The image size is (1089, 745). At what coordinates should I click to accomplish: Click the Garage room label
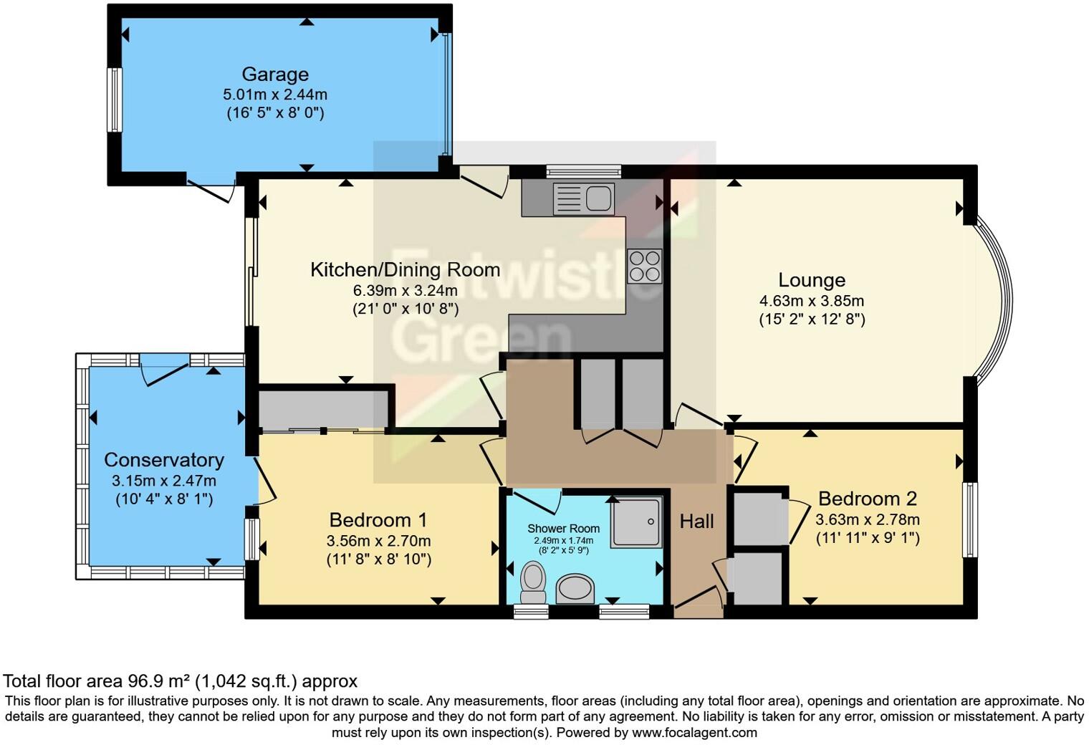275,74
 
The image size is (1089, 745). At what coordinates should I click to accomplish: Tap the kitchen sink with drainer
583,198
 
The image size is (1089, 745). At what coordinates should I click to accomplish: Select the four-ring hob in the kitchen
645,266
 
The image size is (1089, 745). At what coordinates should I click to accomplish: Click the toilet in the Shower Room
533,582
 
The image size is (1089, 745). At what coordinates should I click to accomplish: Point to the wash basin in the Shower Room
575,589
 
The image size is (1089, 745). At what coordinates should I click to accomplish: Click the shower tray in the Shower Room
636,522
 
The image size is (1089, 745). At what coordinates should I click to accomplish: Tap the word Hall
696,521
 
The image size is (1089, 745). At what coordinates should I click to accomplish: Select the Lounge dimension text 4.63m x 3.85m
812,301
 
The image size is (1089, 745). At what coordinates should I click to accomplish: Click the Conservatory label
164,460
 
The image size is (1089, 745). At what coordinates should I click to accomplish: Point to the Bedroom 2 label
868,499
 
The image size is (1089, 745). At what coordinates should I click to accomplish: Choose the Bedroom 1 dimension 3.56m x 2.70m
379,541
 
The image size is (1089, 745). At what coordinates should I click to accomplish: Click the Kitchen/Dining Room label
406,270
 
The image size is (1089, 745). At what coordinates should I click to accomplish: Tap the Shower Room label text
563,528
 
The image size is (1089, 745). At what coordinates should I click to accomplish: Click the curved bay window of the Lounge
1004,300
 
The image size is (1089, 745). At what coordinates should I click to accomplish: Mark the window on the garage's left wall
114,100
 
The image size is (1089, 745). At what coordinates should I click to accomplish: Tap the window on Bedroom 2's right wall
970,519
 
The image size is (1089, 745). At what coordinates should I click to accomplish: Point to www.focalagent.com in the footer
694,732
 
